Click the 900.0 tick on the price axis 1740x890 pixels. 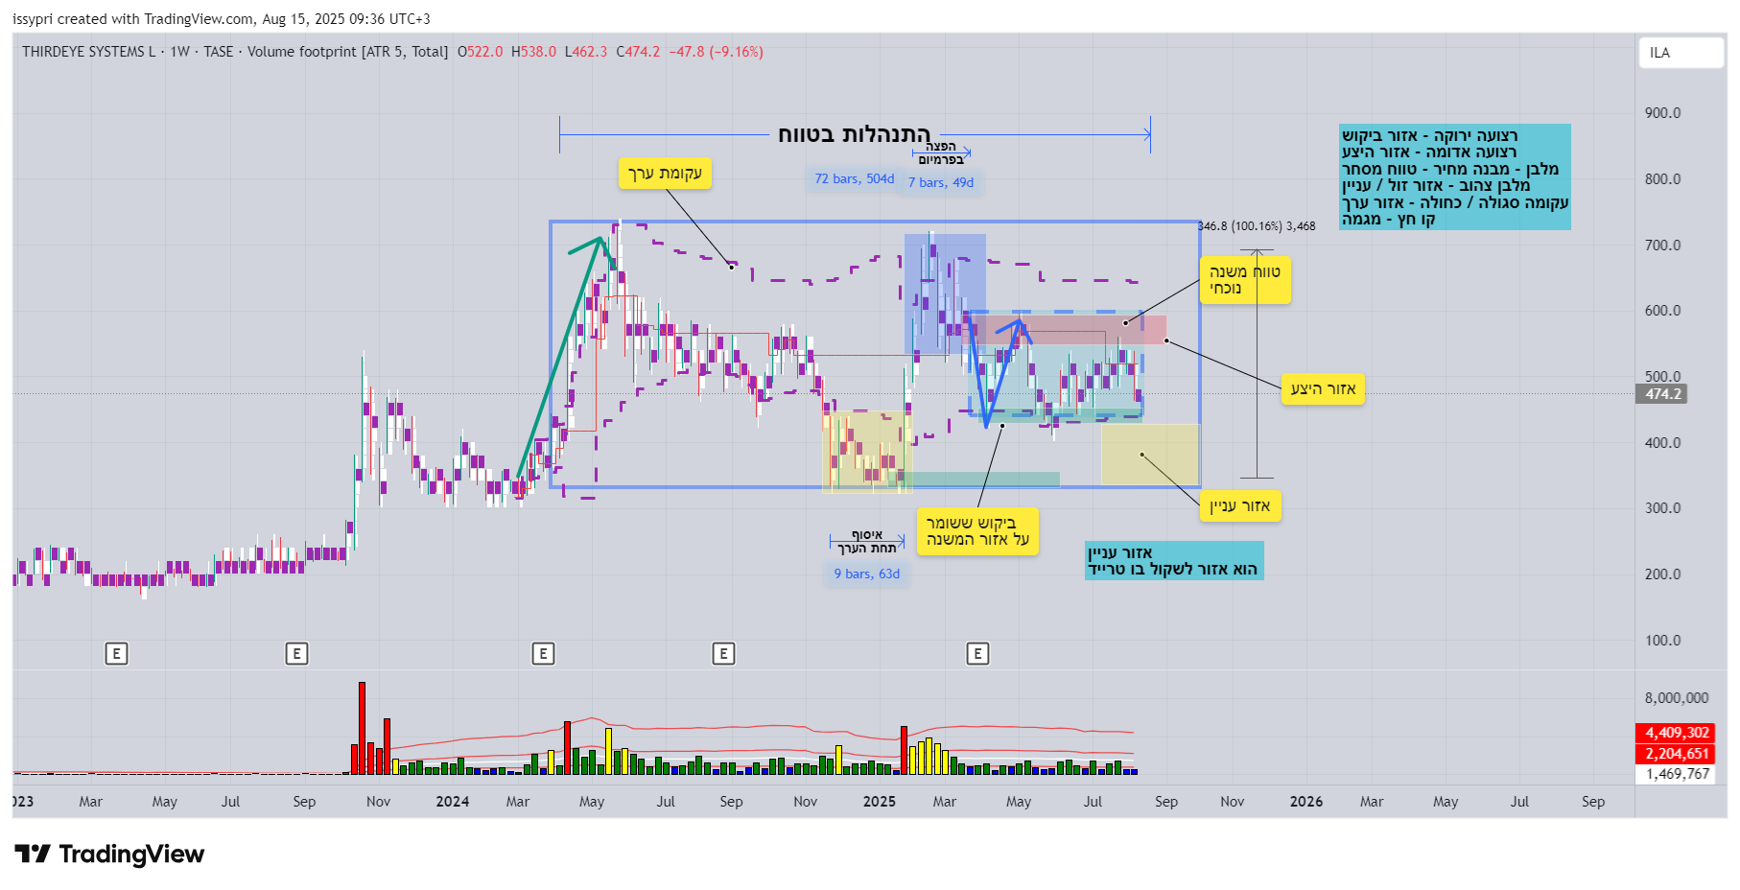[1662, 113]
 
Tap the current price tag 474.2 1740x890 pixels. [1662, 394]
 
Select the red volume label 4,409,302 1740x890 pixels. [1677, 733]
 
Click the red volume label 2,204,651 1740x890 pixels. [1677, 754]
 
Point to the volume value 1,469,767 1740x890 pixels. [1677, 774]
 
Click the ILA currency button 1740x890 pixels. [1681, 53]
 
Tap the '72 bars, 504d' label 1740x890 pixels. [854, 179]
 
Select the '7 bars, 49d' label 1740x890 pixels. [940, 182]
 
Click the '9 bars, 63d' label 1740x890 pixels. [866, 574]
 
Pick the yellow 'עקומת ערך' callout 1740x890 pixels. [665, 174]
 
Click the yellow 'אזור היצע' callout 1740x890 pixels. [1323, 388]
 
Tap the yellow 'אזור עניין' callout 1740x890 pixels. [1239, 506]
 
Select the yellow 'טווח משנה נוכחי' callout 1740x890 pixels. [1244, 280]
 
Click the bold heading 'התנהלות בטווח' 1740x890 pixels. [854, 134]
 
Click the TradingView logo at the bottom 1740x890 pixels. [109, 854]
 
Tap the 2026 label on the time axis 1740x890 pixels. [1305, 802]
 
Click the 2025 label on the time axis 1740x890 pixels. [879, 802]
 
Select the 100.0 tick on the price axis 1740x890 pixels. [1662, 641]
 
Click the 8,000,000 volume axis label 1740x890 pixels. [1676, 698]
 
